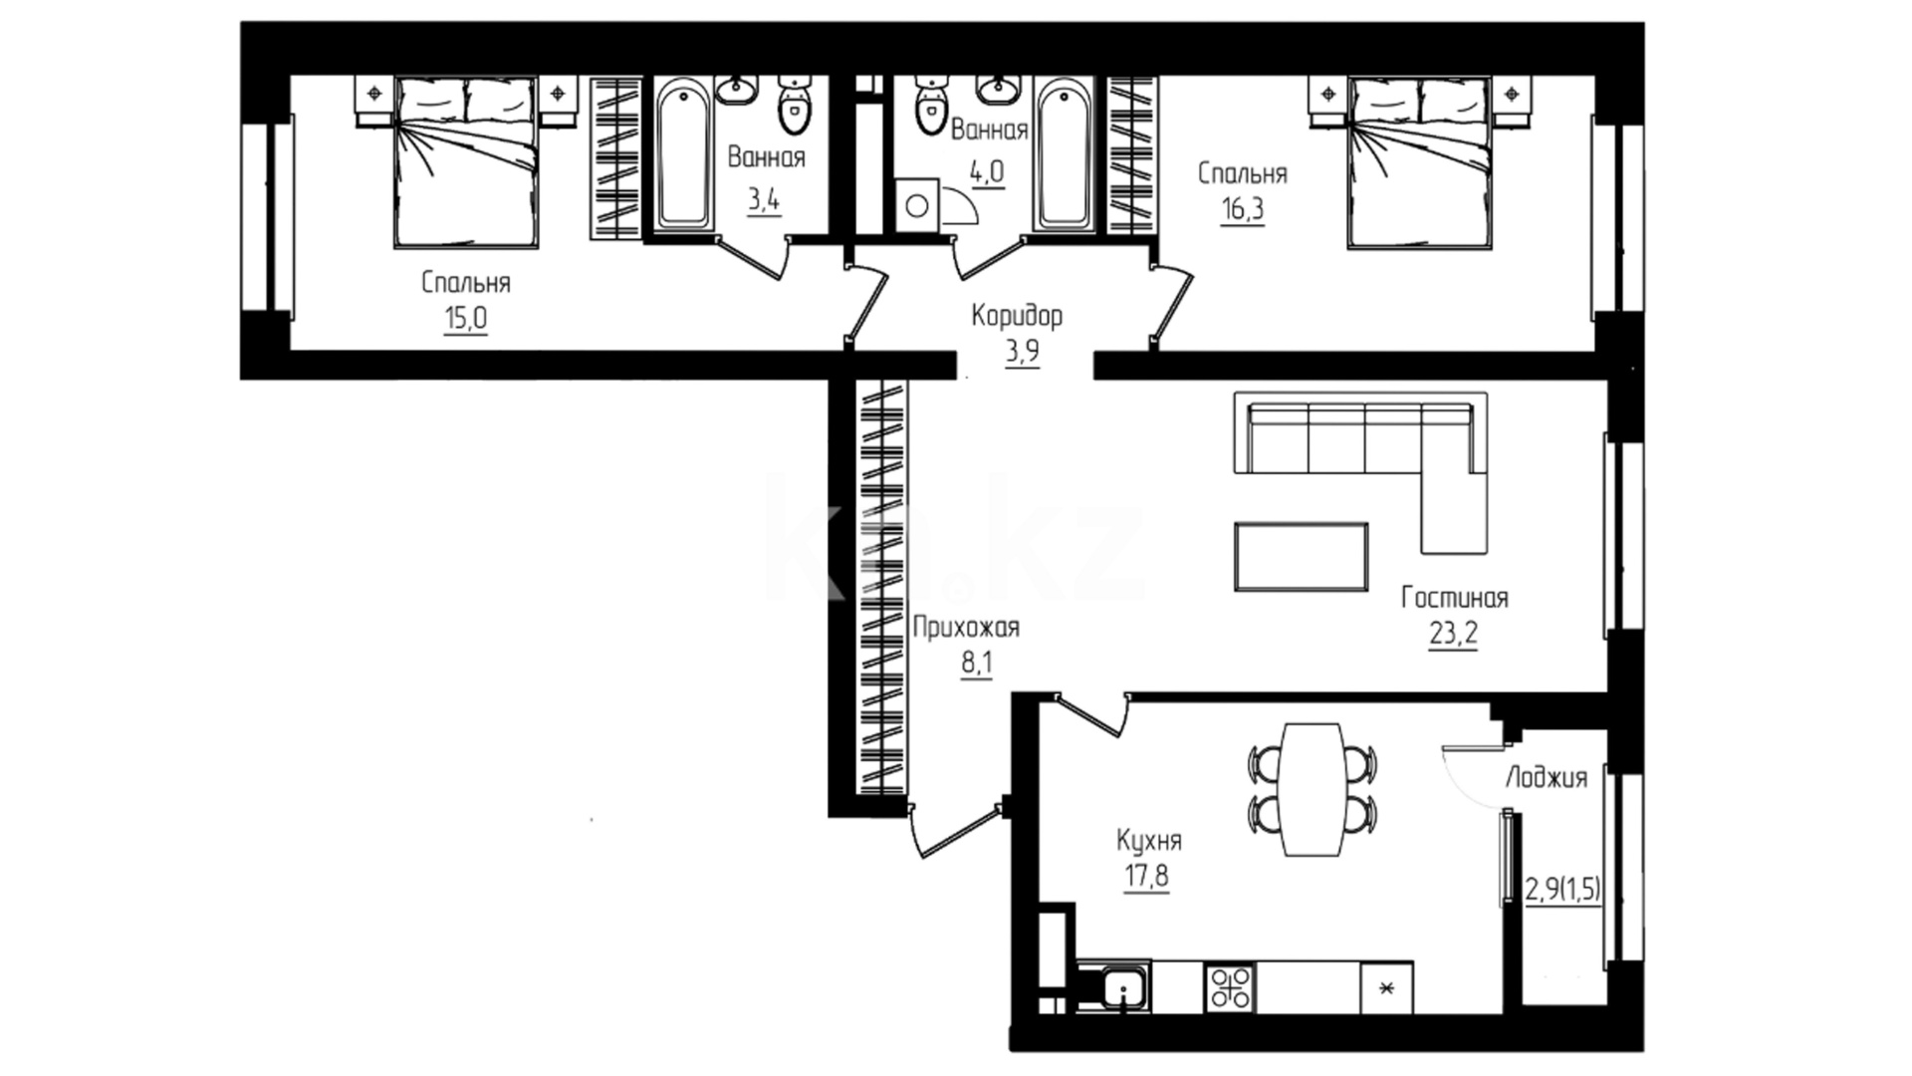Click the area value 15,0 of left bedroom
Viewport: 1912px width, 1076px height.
click(466, 319)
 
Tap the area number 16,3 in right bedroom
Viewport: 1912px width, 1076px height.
click(1243, 210)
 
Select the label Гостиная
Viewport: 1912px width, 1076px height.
click(1454, 598)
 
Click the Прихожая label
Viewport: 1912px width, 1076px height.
click(966, 629)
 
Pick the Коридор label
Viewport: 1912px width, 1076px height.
click(1017, 317)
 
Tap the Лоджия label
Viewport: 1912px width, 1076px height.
click(1546, 778)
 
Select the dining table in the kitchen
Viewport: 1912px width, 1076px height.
click(1313, 789)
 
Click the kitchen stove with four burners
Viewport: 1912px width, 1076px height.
click(1230, 987)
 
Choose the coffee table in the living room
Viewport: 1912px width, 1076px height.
click(1301, 557)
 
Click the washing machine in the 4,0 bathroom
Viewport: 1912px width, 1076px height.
click(917, 206)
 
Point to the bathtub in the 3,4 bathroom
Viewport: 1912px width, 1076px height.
click(684, 155)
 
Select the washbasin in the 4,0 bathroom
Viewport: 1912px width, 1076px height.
click(996, 90)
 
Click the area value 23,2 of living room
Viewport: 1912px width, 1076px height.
click(1453, 634)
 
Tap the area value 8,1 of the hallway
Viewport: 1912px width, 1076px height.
click(977, 665)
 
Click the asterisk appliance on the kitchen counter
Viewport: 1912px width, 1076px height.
click(1386, 987)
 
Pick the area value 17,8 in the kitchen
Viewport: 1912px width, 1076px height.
click(1146, 878)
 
